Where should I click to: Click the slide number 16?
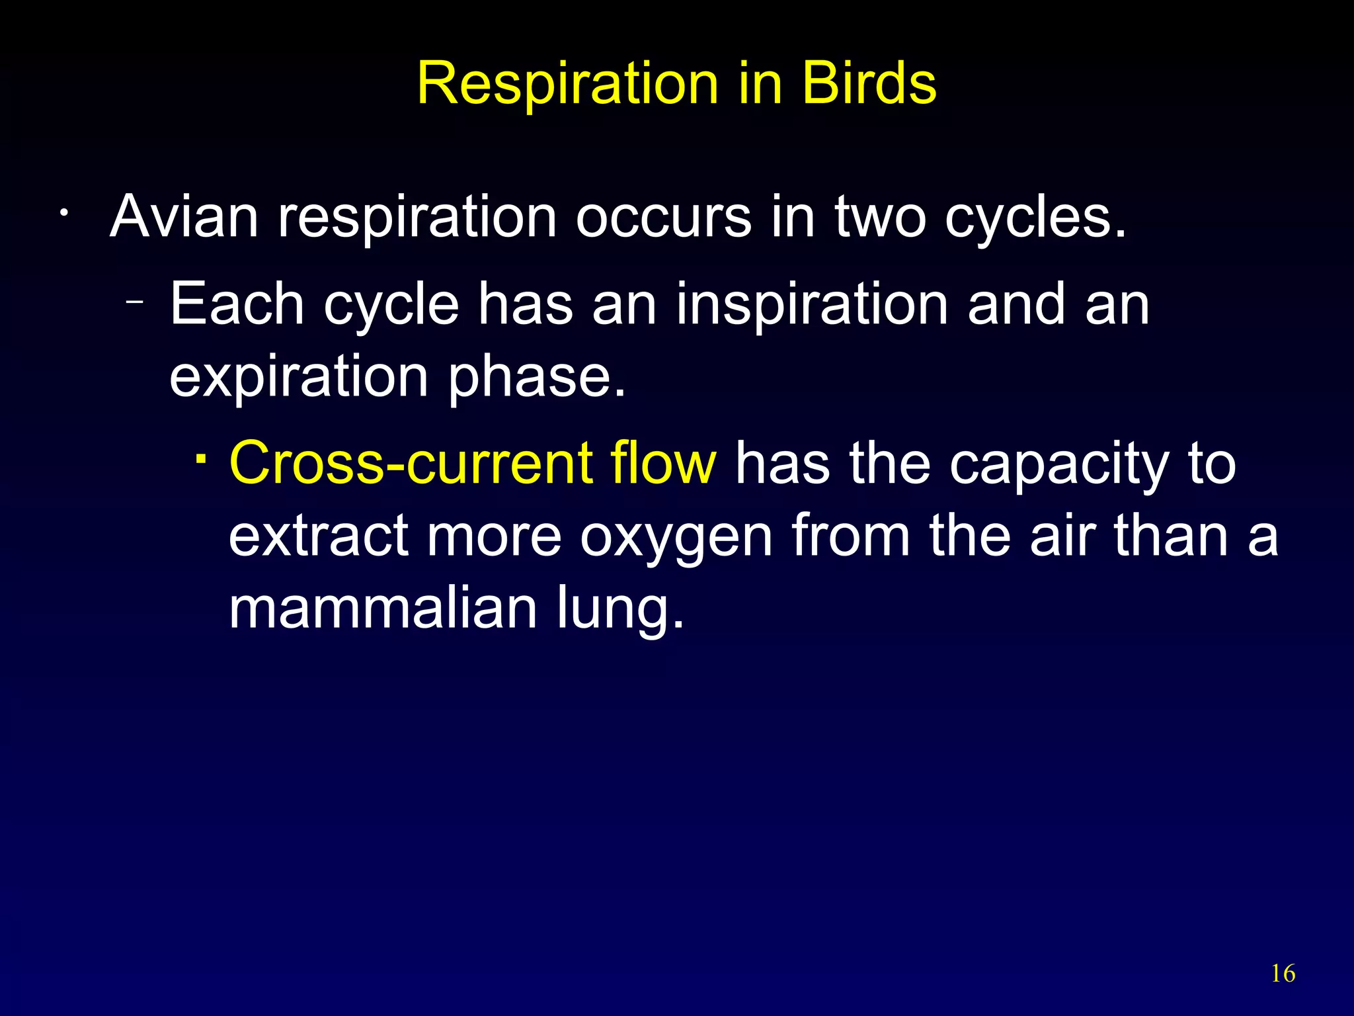click(x=1283, y=974)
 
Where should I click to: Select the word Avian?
click(x=184, y=217)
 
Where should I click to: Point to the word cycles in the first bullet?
click(x=1034, y=217)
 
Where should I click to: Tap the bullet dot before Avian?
click(x=63, y=214)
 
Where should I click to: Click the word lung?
click(x=619, y=609)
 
